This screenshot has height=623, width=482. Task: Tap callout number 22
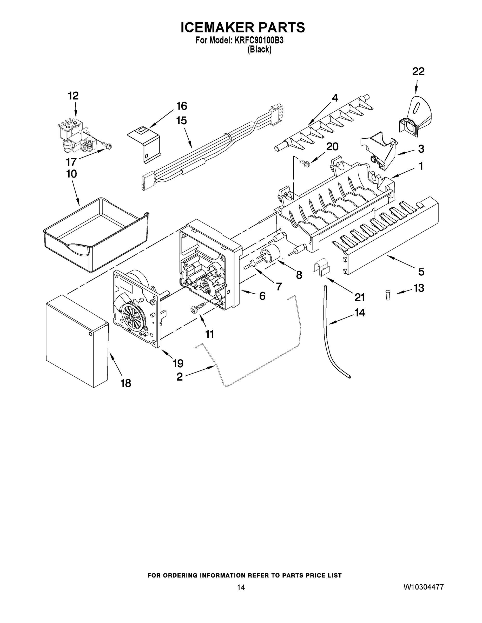(x=418, y=72)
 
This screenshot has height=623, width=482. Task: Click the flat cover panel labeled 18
(x=77, y=341)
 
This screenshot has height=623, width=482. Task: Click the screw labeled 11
(x=198, y=308)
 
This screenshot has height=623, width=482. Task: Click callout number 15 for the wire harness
(x=182, y=121)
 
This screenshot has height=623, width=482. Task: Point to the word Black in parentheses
(x=259, y=50)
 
